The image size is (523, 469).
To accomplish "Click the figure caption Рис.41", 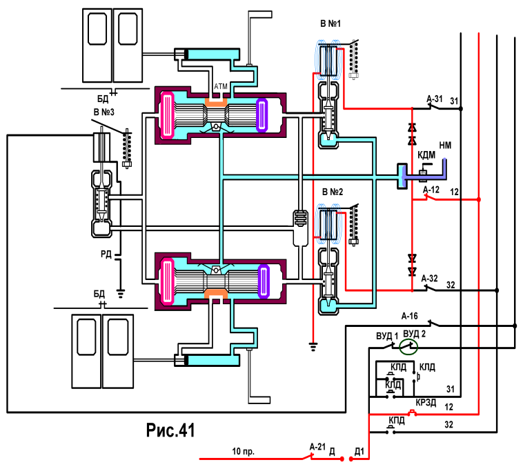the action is click(170, 430).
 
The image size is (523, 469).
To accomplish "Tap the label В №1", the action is click(330, 23).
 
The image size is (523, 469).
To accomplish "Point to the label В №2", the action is click(333, 192).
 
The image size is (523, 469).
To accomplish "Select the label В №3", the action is click(103, 112).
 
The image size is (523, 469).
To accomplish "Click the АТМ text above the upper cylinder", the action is click(221, 87).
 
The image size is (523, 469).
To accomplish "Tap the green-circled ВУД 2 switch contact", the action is click(408, 348).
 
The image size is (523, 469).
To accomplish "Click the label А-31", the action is click(435, 99).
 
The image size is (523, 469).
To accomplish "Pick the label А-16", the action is click(409, 316).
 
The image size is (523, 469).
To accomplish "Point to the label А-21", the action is click(317, 447).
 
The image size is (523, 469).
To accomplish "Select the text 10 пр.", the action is click(243, 452).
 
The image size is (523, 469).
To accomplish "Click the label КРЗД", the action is click(426, 402).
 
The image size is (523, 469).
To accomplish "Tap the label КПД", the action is click(397, 421).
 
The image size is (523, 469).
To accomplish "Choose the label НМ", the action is click(445, 146).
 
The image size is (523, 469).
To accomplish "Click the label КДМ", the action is click(426, 155).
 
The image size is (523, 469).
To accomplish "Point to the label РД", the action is click(106, 255).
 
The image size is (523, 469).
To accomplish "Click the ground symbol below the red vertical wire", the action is click(313, 347).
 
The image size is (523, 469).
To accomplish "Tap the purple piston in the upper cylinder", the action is click(262, 115).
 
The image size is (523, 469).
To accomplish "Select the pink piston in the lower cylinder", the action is click(167, 282).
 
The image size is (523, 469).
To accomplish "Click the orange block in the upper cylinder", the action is click(216, 102).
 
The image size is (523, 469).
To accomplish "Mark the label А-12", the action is click(431, 190).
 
